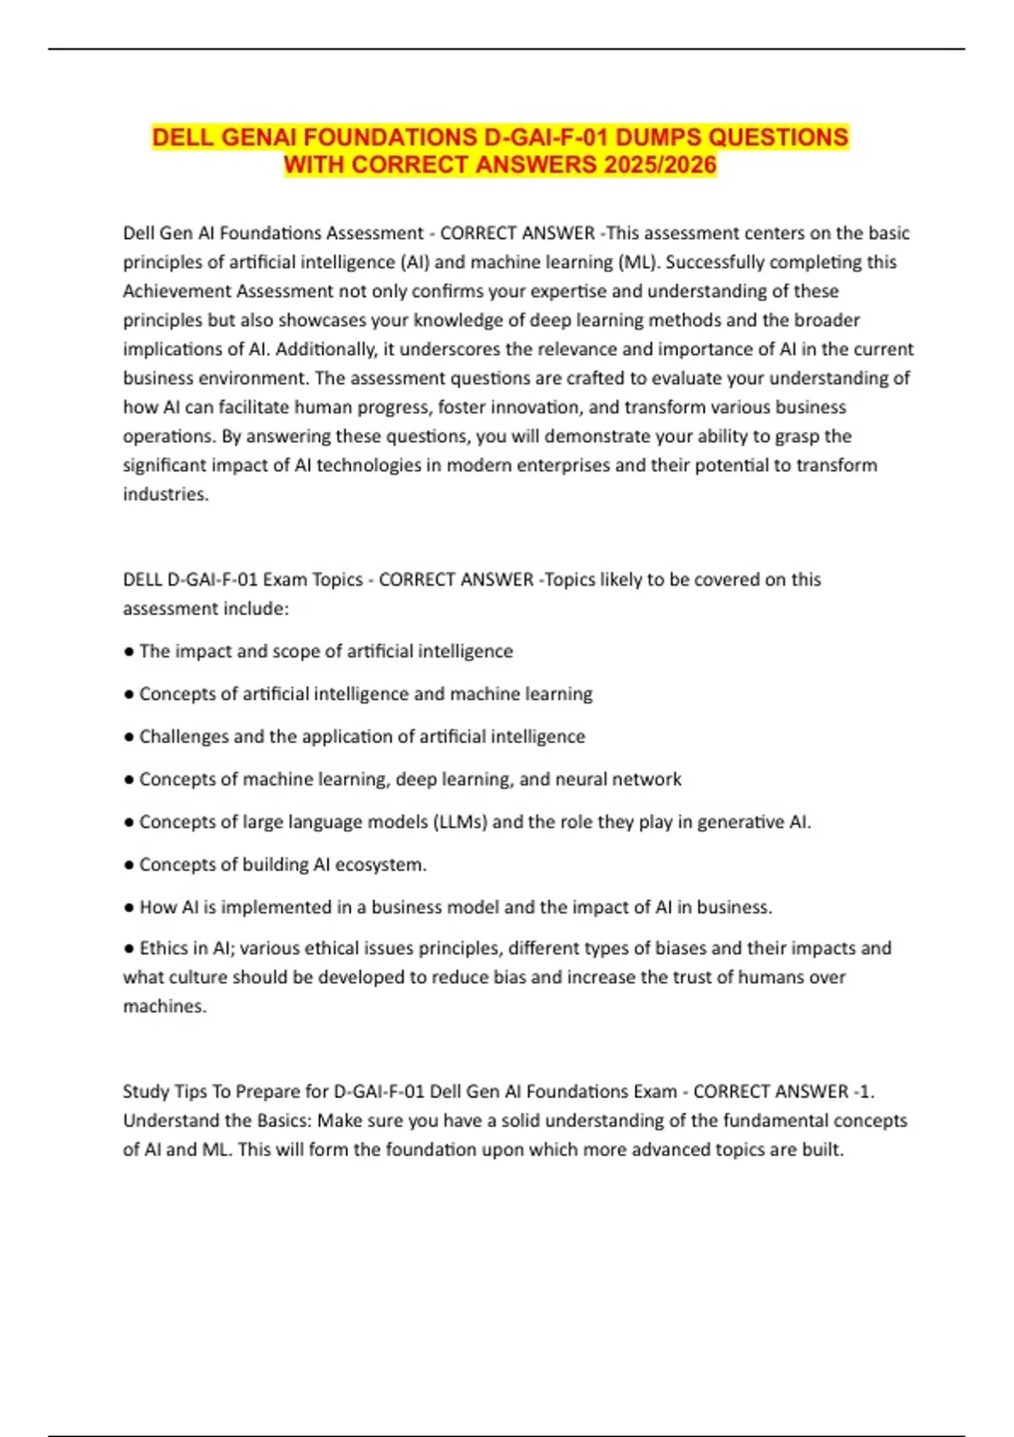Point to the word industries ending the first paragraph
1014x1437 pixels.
click(x=165, y=494)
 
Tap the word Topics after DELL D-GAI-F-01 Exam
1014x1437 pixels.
click(x=337, y=580)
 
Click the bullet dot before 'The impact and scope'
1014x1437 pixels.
click(x=128, y=652)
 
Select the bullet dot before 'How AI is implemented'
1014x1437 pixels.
click(x=128, y=907)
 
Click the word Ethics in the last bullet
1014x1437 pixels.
click(x=161, y=948)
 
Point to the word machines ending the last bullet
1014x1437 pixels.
click(x=164, y=1007)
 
